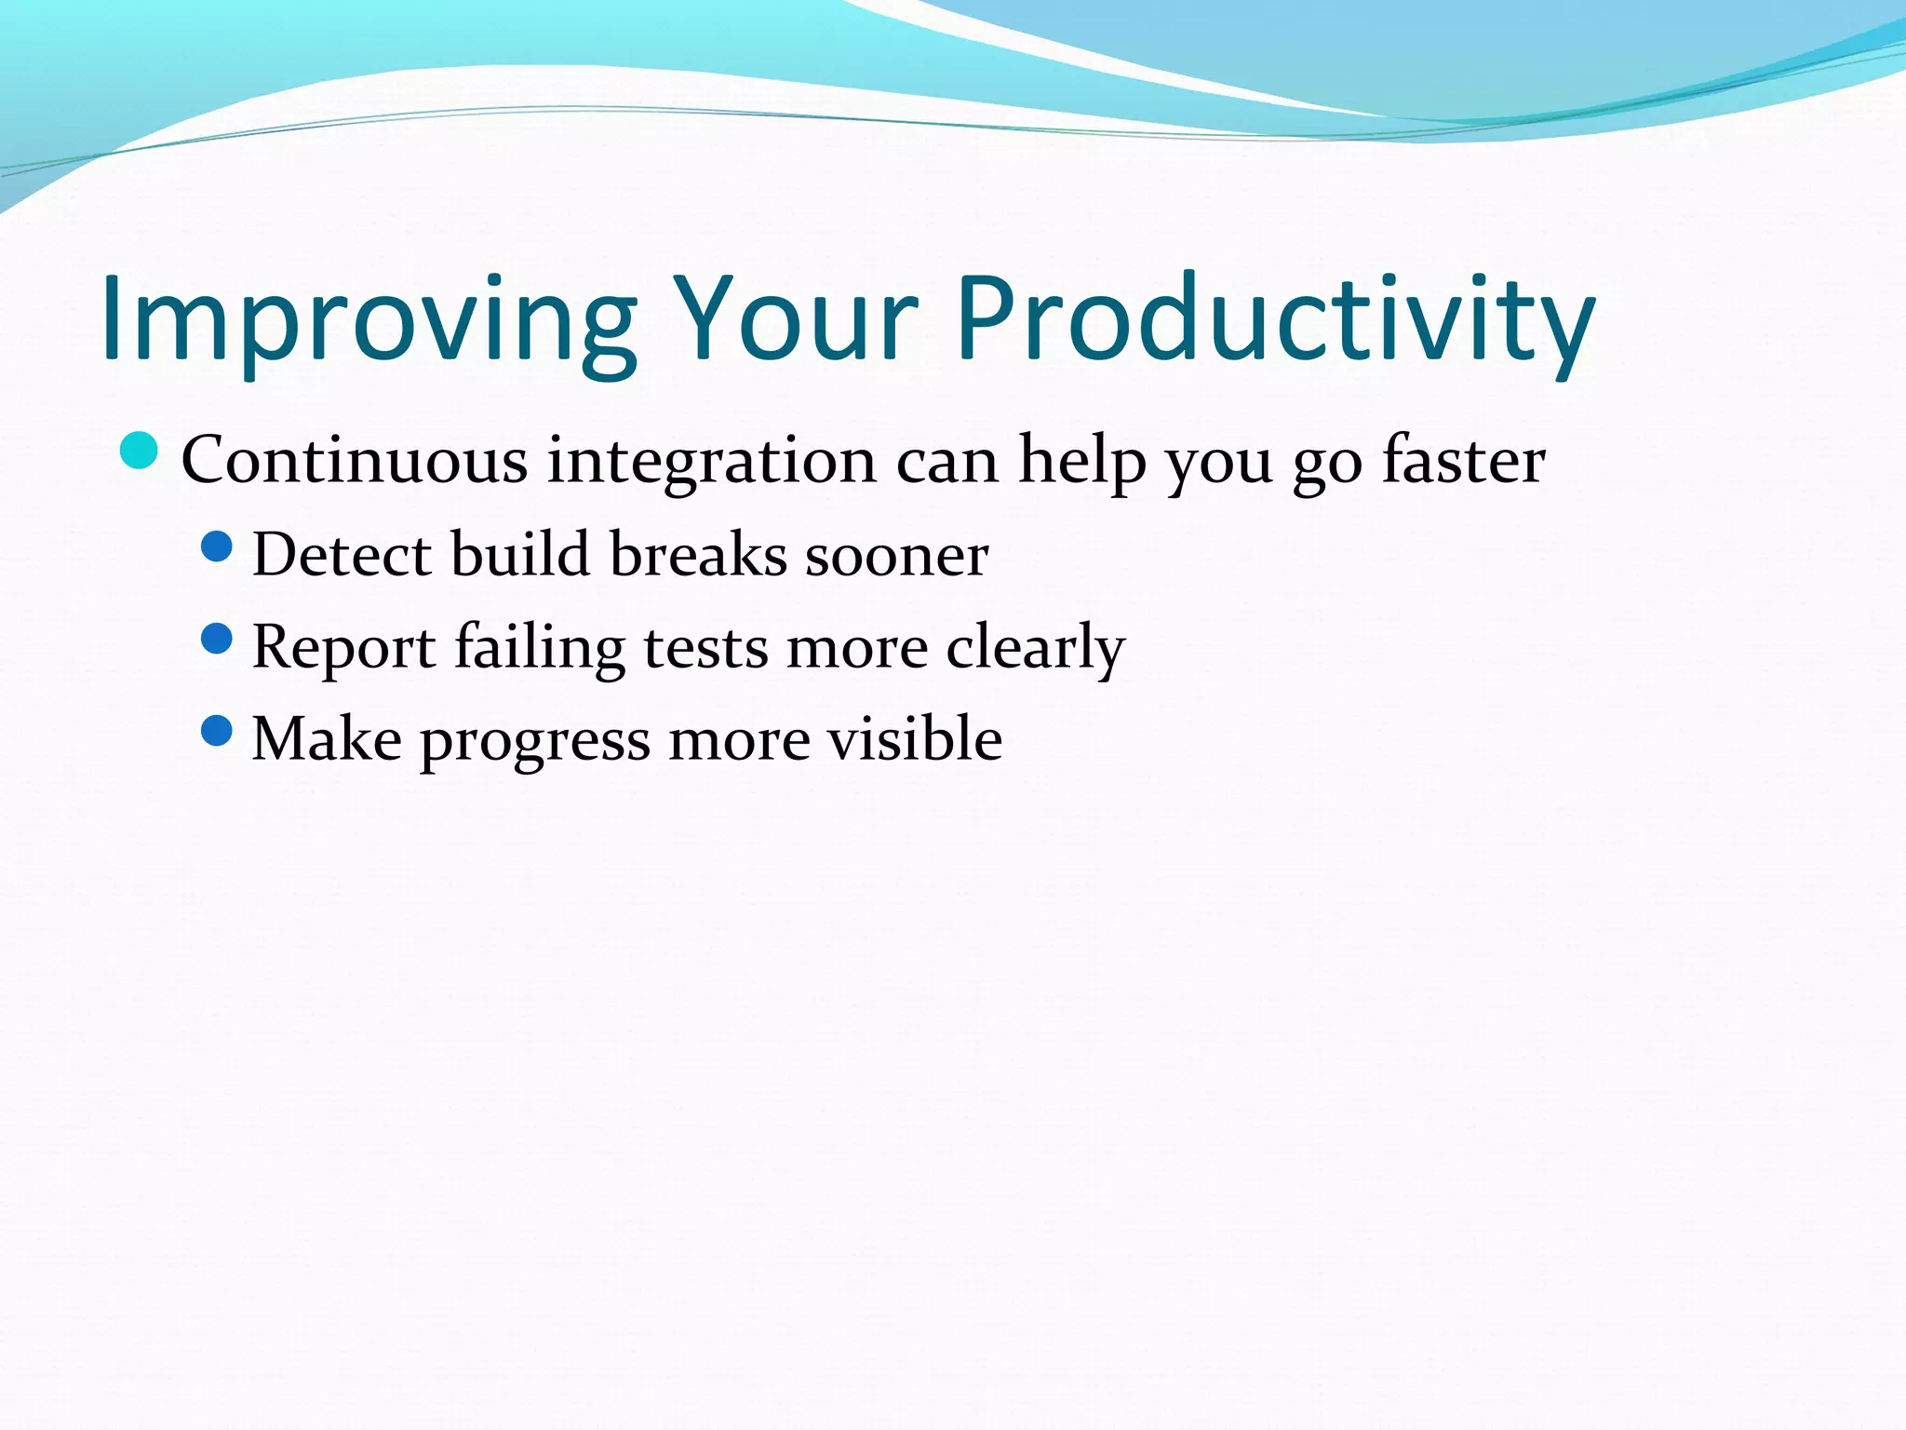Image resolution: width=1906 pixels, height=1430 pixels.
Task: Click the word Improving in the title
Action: coord(369,321)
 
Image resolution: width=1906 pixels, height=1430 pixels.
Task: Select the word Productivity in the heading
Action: coord(1275,321)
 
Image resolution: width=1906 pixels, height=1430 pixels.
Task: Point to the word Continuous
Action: coord(355,460)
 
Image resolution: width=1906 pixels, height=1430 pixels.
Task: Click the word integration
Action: coord(711,462)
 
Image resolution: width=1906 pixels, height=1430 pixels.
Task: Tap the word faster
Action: coord(1463,460)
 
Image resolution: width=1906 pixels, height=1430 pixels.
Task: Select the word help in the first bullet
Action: coord(1082,460)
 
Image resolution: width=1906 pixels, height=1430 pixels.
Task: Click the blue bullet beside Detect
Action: coord(216,546)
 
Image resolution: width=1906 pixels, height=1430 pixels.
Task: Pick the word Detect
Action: coord(342,555)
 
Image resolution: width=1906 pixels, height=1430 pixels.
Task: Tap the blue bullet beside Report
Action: coord(216,639)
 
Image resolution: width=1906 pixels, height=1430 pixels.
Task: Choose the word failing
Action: coord(540,648)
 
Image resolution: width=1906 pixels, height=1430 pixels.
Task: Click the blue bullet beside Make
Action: coord(216,730)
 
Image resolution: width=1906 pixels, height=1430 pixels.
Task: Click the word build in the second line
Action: coord(521,555)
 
